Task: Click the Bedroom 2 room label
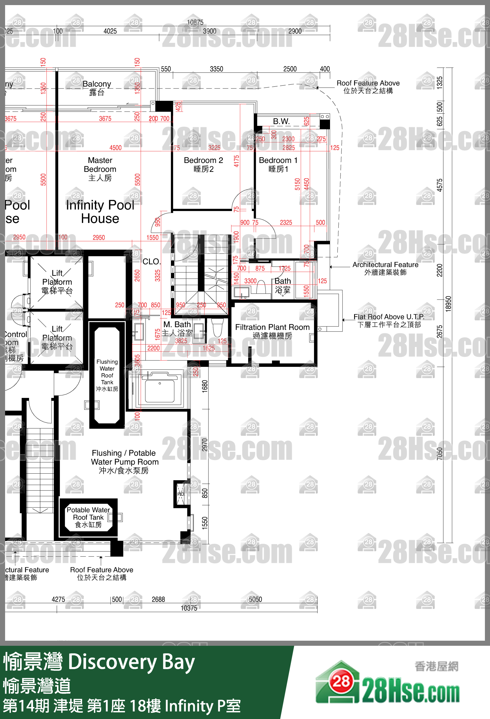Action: (203, 164)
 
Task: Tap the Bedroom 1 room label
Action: (278, 164)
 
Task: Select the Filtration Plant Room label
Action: (272, 331)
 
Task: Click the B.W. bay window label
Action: (281, 121)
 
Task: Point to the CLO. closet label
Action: (152, 261)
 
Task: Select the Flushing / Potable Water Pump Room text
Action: (124, 462)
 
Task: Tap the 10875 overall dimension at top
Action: (195, 22)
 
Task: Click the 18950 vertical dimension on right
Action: (448, 304)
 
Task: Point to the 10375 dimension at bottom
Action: (189, 608)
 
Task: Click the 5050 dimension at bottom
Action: (255, 599)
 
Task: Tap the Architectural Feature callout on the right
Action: (385, 268)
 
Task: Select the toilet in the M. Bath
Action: (217, 328)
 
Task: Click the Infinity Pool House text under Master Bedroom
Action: (100, 212)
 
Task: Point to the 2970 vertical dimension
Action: (204, 445)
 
